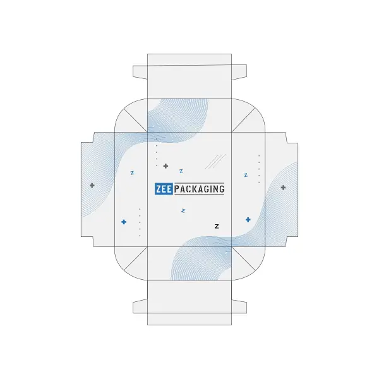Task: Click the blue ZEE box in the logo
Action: [x=164, y=189]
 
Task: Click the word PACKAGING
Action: [x=200, y=189]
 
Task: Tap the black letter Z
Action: [x=217, y=226]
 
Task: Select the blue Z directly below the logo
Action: [x=183, y=211]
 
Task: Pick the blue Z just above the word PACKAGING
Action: [x=181, y=171]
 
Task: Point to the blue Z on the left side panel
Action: [x=132, y=173]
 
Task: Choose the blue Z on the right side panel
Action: [x=246, y=175]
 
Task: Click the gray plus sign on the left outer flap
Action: [x=92, y=186]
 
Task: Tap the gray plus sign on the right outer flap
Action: [x=283, y=188]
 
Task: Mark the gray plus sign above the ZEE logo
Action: [x=165, y=166]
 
